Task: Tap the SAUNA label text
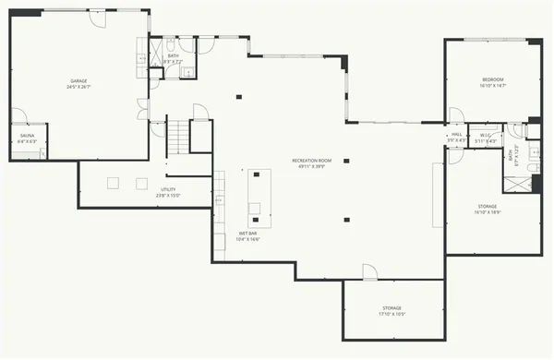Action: (x=27, y=136)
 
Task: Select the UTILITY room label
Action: (x=168, y=189)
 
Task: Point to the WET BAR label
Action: (x=248, y=234)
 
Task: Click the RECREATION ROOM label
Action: (x=311, y=161)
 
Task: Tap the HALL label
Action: (x=456, y=135)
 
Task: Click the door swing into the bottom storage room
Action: (x=369, y=271)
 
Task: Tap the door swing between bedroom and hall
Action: (x=455, y=115)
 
